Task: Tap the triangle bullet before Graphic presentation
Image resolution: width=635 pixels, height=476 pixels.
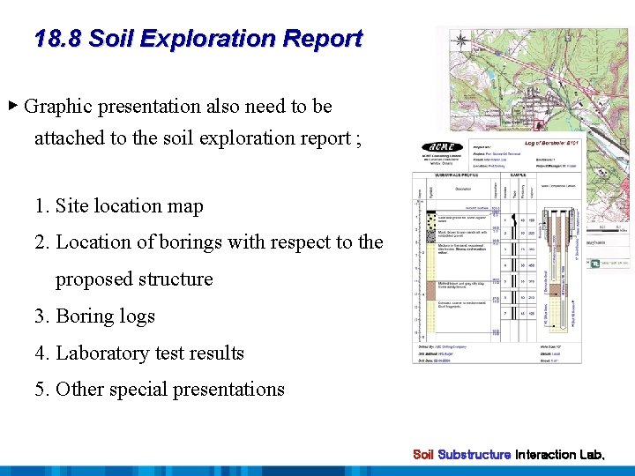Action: pyautogui.click(x=12, y=106)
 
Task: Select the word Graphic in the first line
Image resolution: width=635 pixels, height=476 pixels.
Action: pyautogui.click(x=59, y=107)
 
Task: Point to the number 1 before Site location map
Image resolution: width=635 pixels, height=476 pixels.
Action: pyautogui.click(x=41, y=206)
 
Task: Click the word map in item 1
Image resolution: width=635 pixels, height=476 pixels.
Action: pyautogui.click(x=186, y=206)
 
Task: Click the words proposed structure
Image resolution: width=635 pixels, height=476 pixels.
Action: pyautogui.click(x=134, y=279)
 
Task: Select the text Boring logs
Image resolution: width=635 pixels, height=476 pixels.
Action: pyautogui.click(x=105, y=316)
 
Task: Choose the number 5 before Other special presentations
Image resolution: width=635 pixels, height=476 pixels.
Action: pyautogui.click(x=41, y=390)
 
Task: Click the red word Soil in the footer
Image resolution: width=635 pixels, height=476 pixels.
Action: pyautogui.click(x=423, y=455)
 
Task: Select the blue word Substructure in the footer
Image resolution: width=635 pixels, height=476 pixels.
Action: pyautogui.click(x=474, y=455)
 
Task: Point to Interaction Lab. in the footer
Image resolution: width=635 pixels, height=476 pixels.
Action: pyautogui.click(x=560, y=455)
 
